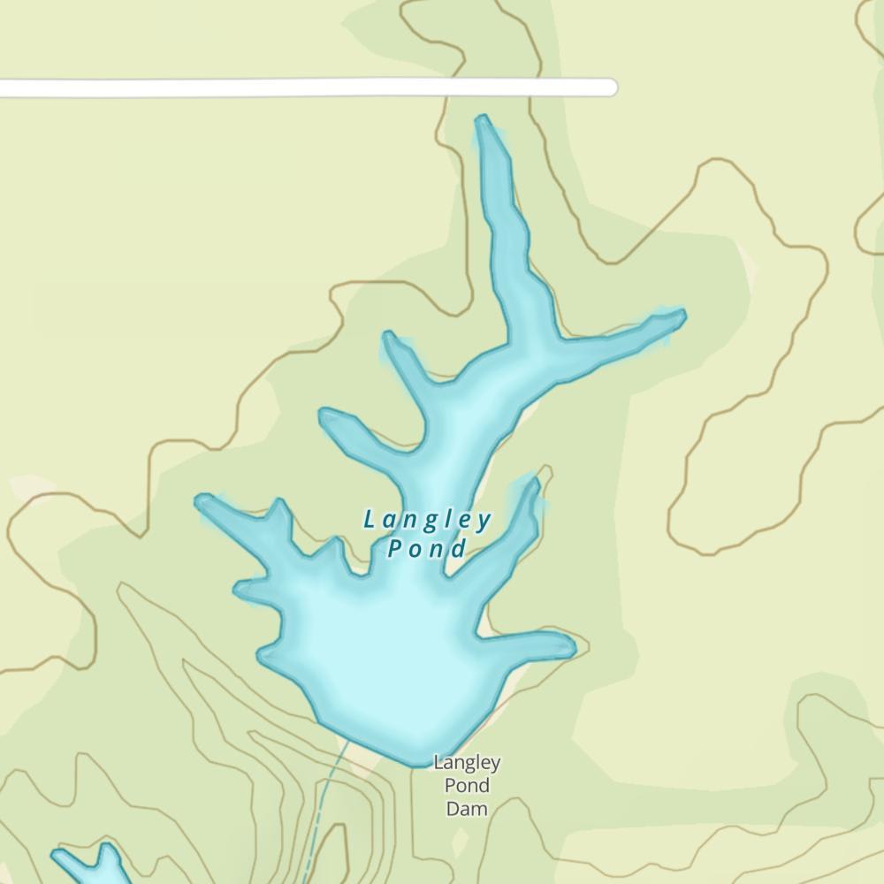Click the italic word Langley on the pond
tap(427, 521)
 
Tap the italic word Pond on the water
tap(427, 549)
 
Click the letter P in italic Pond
tap(395, 548)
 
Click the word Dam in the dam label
tap(467, 808)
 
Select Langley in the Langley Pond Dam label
tap(467, 762)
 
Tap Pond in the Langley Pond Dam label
tap(467, 785)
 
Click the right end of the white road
tap(609, 87)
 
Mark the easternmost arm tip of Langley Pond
tap(682, 313)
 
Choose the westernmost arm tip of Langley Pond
tap(200, 501)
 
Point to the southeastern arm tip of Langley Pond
tap(570, 647)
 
